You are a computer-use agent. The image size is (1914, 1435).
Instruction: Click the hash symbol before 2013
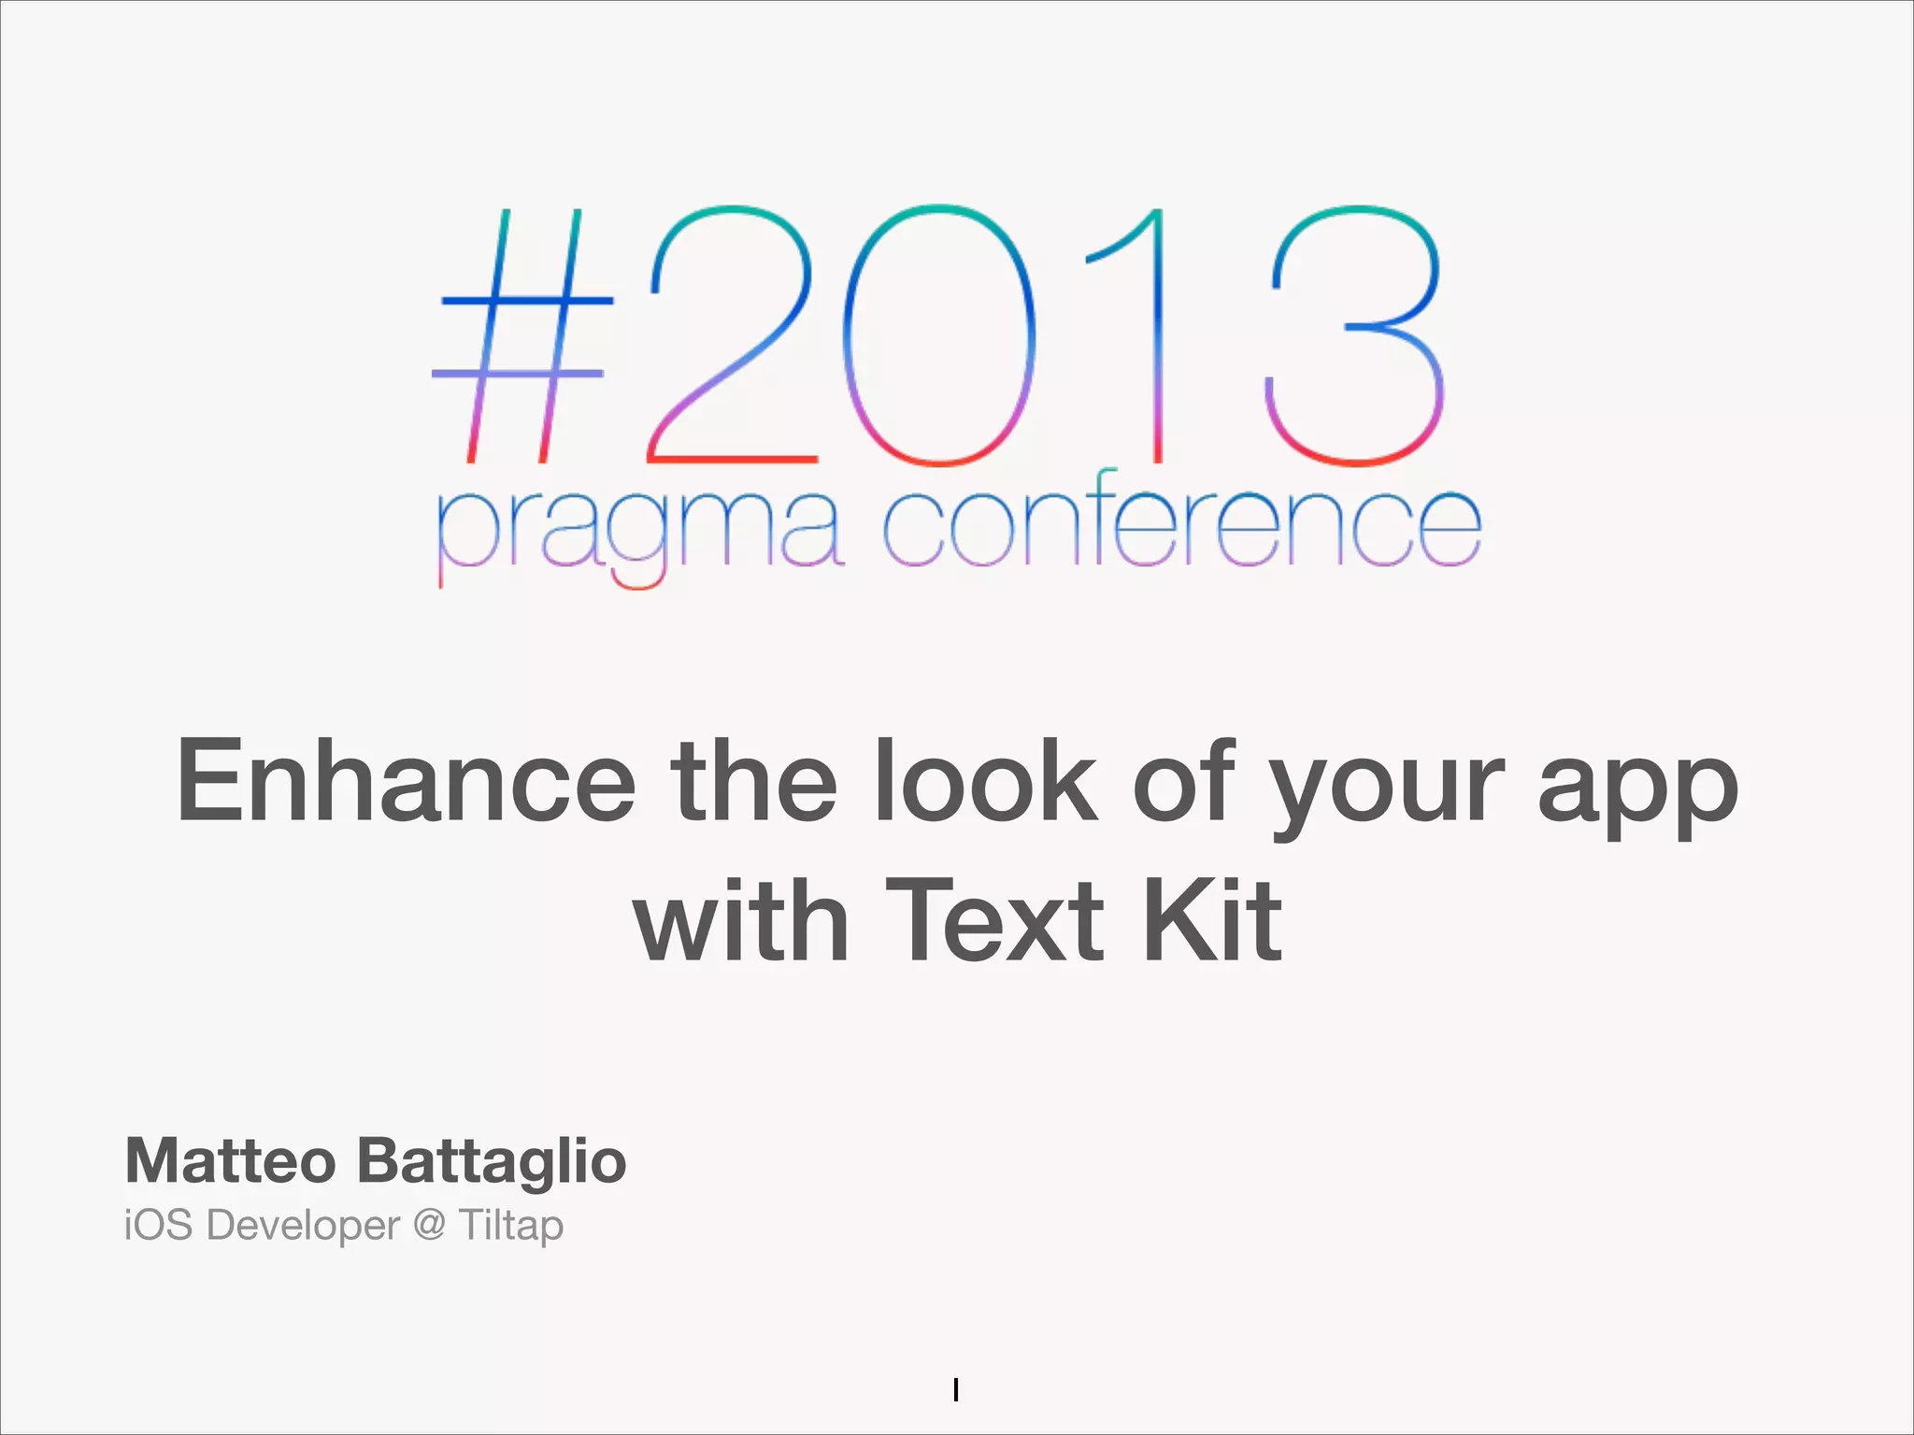[523, 336]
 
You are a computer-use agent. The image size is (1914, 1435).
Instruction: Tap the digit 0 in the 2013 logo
[939, 334]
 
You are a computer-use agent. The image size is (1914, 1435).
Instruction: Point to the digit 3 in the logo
[1355, 334]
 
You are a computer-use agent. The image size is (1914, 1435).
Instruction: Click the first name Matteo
[231, 1160]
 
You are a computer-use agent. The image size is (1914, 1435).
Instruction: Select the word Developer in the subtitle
[303, 1226]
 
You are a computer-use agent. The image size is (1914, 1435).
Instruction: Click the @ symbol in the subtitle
[429, 1225]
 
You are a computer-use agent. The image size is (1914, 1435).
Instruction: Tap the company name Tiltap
[511, 1226]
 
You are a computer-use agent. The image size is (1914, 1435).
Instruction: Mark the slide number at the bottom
[956, 1390]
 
